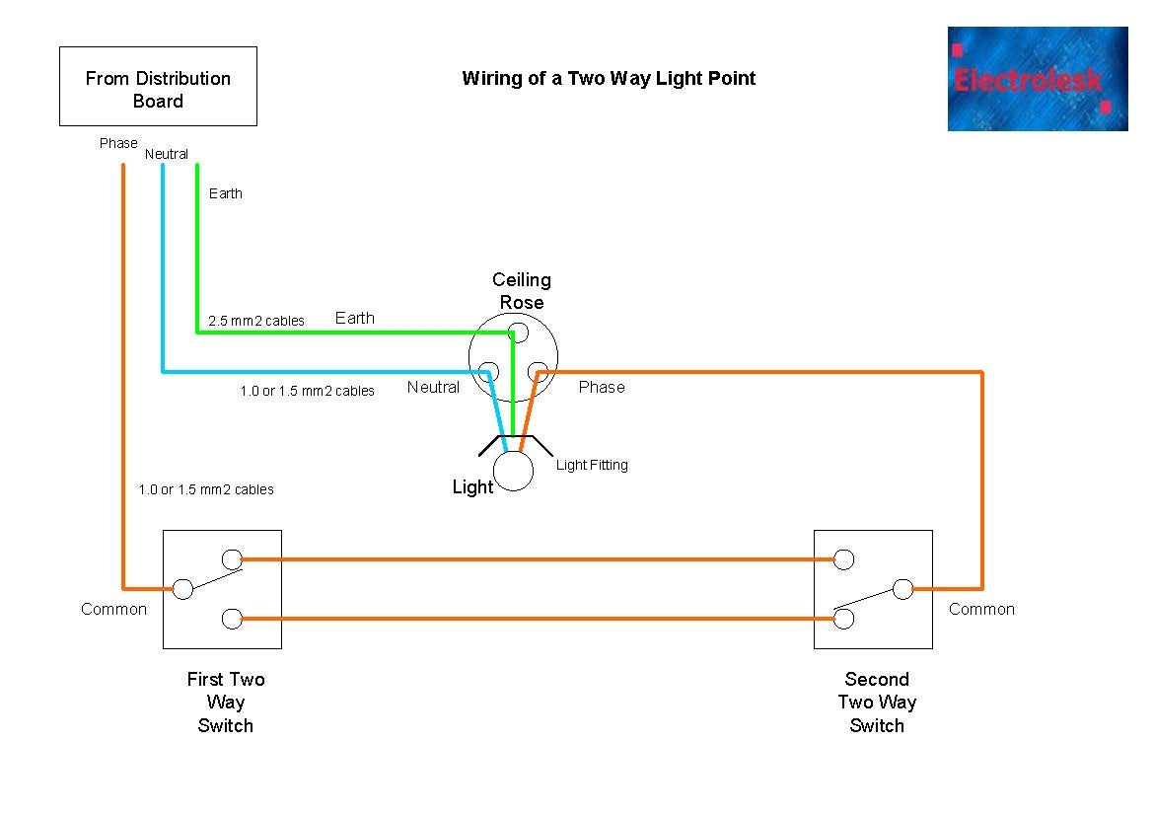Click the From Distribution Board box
(158, 87)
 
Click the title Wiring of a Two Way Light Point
(608, 79)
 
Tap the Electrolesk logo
(1037, 79)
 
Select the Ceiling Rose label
(522, 291)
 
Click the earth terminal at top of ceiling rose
(513, 333)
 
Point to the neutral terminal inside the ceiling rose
(487, 372)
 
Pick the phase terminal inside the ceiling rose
(538, 372)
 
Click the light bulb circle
(513, 472)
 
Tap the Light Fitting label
(592, 465)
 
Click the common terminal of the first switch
(182, 589)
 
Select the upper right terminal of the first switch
(232, 559)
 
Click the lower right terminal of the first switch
(232, 619)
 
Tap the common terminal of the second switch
(902, 589)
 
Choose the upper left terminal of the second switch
(843, 559)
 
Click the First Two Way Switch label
(226, 703)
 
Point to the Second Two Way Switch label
(877, 703)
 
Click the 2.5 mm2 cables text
(256, 321)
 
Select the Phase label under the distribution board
(118, 143)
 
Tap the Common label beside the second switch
(981, 610)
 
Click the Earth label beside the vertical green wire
(225, 193)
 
